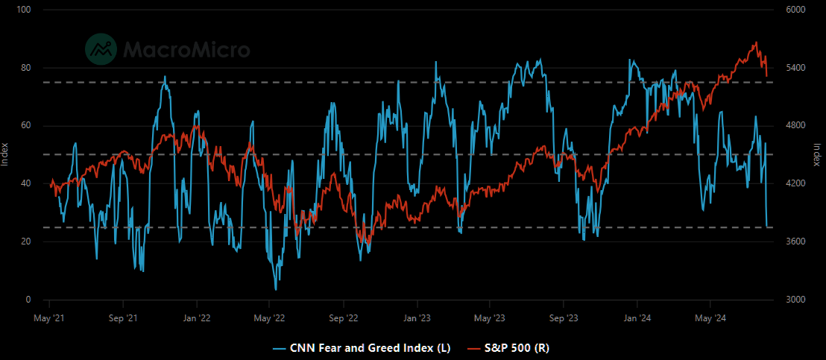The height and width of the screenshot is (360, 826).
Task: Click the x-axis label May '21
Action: coord(49,318)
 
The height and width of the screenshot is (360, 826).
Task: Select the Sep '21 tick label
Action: coord(123,318)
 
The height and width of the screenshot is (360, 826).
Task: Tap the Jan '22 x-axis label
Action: coord(197,318)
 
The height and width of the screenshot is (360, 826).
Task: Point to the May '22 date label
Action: coord(269,318)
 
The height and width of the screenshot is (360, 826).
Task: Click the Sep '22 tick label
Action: coord(344,318)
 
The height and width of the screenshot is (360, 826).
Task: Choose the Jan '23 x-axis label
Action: coord(417,318)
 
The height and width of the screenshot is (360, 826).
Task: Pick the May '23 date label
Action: coord(490,318)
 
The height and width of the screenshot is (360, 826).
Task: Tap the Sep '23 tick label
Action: coord(563,318)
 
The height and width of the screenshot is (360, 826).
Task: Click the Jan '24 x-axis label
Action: coord(637,318)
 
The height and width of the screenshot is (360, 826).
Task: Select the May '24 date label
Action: coord(710,318)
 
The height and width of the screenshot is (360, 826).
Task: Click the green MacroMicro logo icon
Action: coord(101,49)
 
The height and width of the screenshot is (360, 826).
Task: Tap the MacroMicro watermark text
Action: coord(186,49)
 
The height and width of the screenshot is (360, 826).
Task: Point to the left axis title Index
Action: coord(4,154)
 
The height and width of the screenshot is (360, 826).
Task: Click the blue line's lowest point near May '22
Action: coord(276,289)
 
